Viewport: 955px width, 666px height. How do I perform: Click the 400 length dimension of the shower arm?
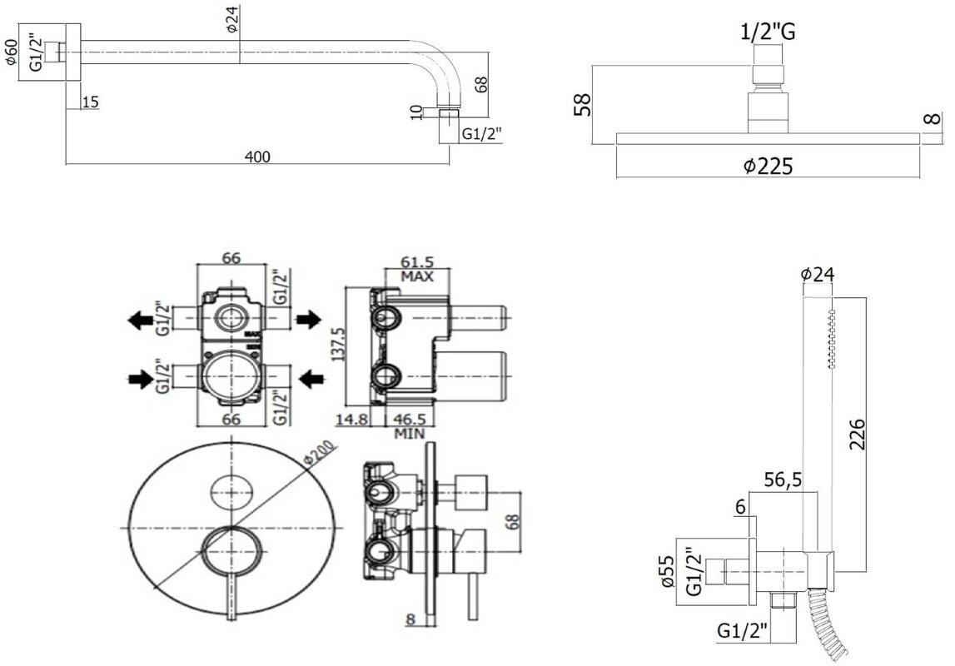258,157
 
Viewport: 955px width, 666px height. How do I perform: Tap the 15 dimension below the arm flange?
91,102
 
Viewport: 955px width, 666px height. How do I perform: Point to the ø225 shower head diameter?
767,166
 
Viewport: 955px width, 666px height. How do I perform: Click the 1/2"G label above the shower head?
767,32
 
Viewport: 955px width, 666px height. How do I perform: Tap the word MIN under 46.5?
410,433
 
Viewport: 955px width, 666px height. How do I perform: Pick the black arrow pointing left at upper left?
138,318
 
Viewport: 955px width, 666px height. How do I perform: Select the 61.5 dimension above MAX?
418,262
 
